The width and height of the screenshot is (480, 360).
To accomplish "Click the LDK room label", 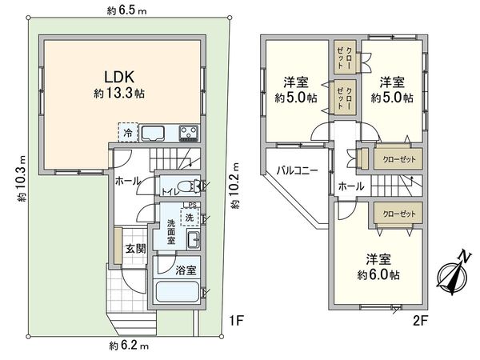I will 122,77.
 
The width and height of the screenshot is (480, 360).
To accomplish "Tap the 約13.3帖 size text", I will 122,93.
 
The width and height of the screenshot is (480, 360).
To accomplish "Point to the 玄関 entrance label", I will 134,249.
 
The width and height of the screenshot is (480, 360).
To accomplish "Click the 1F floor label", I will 234,322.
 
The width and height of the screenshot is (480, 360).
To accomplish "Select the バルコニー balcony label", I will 298,170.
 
